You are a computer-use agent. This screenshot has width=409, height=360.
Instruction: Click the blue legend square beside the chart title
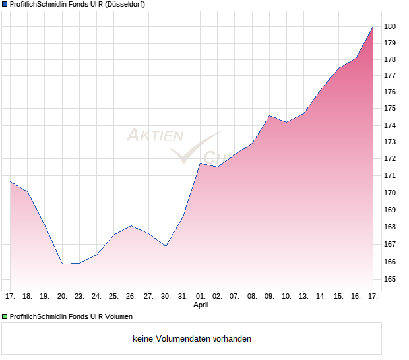tap(5, 4)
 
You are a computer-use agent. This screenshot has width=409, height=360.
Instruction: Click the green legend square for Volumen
tap(5, 316)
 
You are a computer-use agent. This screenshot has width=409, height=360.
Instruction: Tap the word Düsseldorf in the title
tap(123, 4)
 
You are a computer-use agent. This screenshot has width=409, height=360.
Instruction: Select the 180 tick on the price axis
tap(390, 26)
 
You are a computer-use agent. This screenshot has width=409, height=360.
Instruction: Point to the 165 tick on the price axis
tap(390, 279)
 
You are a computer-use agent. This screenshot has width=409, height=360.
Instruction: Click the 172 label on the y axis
tap(390, 158)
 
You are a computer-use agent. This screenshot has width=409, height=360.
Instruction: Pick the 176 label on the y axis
tap(390, 92)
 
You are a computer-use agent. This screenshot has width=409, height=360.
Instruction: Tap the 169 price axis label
tap(390, 210)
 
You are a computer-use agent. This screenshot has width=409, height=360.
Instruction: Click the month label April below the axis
tap(201, 305)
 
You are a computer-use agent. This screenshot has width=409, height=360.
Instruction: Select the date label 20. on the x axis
tap(62, 297)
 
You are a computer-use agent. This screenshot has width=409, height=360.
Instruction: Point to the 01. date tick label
tap(201, 297)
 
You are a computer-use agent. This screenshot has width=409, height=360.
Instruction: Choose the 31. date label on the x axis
tap(183, 297)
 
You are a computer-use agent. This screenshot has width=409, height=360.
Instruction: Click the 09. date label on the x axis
tap(269, 297)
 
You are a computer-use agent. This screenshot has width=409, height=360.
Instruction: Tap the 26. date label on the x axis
tap(131, 297)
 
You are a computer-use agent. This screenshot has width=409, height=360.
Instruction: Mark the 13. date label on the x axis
tap(303, 297)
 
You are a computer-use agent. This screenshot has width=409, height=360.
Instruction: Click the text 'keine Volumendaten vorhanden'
tap(192, 339)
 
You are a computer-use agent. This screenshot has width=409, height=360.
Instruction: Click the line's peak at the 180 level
tap(373, 26)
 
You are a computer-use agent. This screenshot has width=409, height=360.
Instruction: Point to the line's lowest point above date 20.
tap(63, 264)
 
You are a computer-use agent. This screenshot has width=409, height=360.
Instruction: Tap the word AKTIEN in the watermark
tap(154, 135)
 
